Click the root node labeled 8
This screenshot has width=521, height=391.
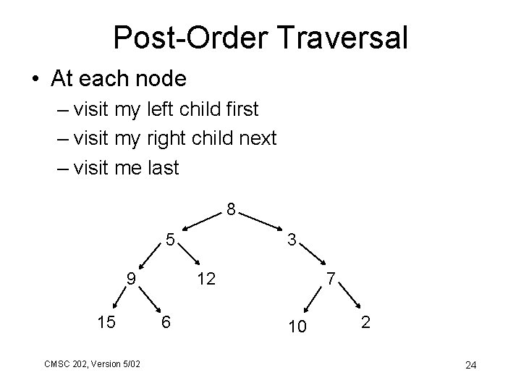[x=230, y=211]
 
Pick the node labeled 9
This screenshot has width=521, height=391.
[x=130, y=277]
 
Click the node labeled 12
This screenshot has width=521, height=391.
[x=206, y=278]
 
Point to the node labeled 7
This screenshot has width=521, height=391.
[x=330, y=278]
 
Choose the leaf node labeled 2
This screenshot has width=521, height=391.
[x=366, y=323]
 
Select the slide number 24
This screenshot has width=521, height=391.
[x=470, y=364]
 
